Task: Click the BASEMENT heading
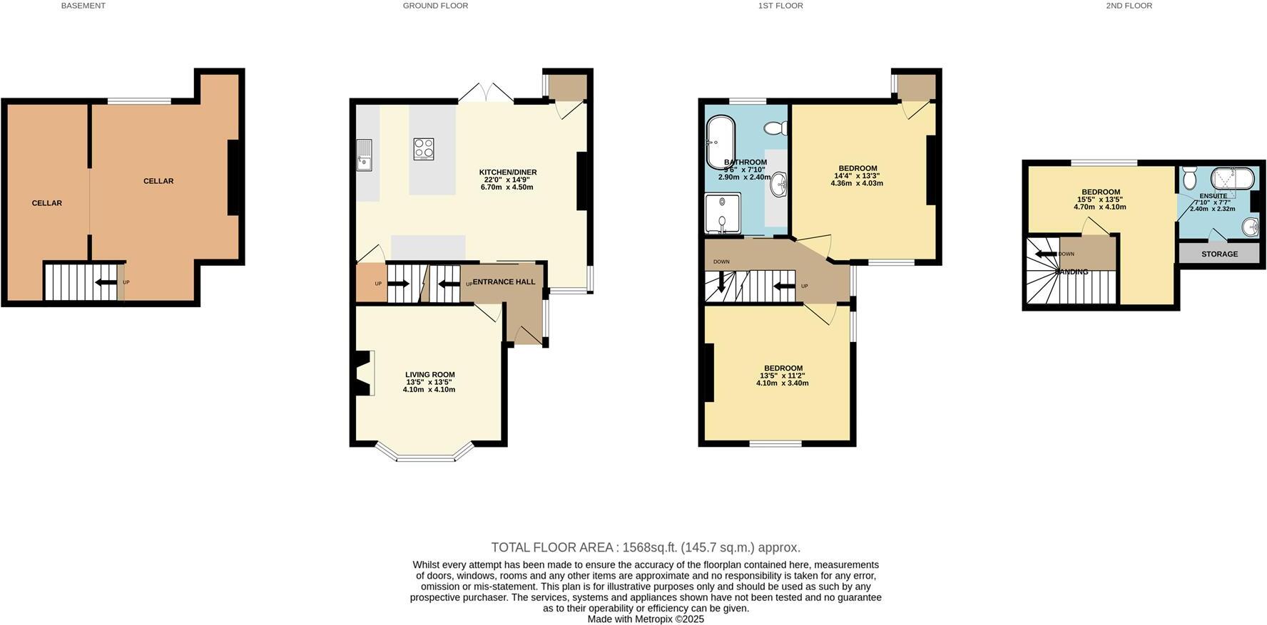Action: (83, 6)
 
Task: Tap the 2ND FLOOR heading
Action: (1129, 6)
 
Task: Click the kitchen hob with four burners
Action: (424, 149)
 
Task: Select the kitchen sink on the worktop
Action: (365, 155)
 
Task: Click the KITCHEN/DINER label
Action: (507, 172)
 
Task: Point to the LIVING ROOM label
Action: (429, 375)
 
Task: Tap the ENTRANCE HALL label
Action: (504, 282)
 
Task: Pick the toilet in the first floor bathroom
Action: (775, 129)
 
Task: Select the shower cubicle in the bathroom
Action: (723, 214)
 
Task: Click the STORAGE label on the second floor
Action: (1219, 254)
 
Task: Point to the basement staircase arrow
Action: (106, 282)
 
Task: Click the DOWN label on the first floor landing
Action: (721, 262)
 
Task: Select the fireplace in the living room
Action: (362, 373)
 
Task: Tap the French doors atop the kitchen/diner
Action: (485, 93)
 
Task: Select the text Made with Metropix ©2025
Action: (645, 619)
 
